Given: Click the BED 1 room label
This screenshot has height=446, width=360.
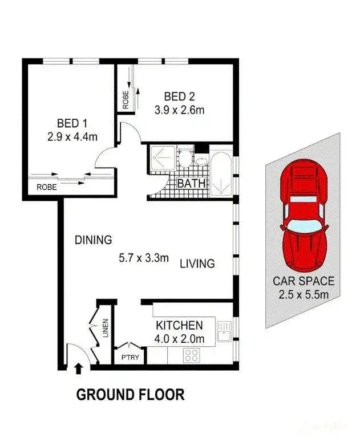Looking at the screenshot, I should click(x=72, y=123).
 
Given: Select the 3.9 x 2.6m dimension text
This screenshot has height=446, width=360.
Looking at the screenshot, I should click(x=179, y=110).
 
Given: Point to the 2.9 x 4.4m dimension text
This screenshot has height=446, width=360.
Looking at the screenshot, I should click(x=72, y=137).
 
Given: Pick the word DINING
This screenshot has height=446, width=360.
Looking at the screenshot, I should click(x=93, y=240).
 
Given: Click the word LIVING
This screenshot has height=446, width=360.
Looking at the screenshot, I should click(x=197, y=263).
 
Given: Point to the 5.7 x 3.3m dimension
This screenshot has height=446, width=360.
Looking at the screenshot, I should click(x=144, y=258).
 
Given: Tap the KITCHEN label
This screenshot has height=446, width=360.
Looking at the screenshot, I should click(x=179, y=326).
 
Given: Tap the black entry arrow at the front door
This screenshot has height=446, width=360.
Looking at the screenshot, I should click(x=78, y=370).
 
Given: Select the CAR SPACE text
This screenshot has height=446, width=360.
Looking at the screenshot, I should click(x=303, y=281).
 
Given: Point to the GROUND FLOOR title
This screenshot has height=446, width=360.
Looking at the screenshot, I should click(x=131, y=394).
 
